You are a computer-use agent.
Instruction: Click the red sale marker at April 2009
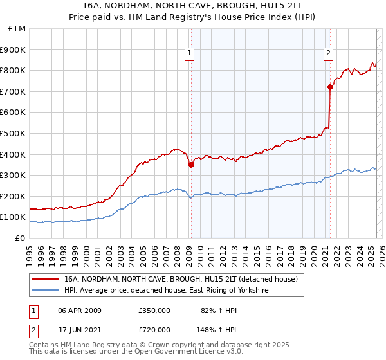[x=191, y=165]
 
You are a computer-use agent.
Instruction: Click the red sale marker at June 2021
[x=330, y=87]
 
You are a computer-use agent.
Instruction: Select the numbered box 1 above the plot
[x=190, y=53]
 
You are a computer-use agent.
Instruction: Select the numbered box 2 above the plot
[x=328, y=53]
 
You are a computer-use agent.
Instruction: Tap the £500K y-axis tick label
[x=14, y=134]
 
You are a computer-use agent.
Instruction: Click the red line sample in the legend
[x=44, y=280]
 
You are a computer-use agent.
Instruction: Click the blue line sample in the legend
[x=44, y=291]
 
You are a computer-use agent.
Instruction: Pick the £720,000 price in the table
[x=154, y=329]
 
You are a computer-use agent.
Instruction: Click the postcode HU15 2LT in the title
[x=289, y=4]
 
